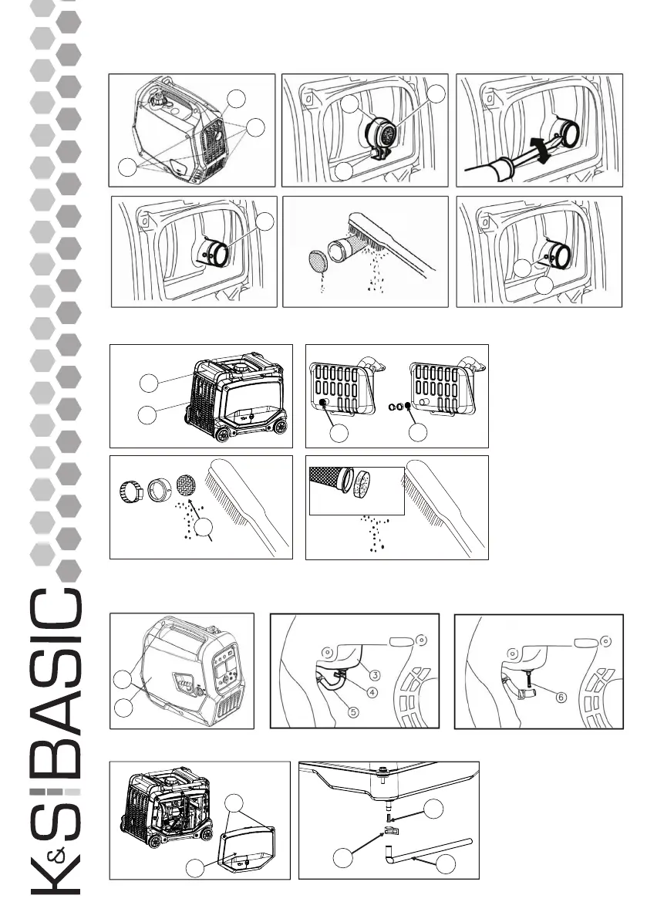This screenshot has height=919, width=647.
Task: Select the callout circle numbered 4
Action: pos(372,691)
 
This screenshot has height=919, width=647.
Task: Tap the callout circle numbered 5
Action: pos(352,712)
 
